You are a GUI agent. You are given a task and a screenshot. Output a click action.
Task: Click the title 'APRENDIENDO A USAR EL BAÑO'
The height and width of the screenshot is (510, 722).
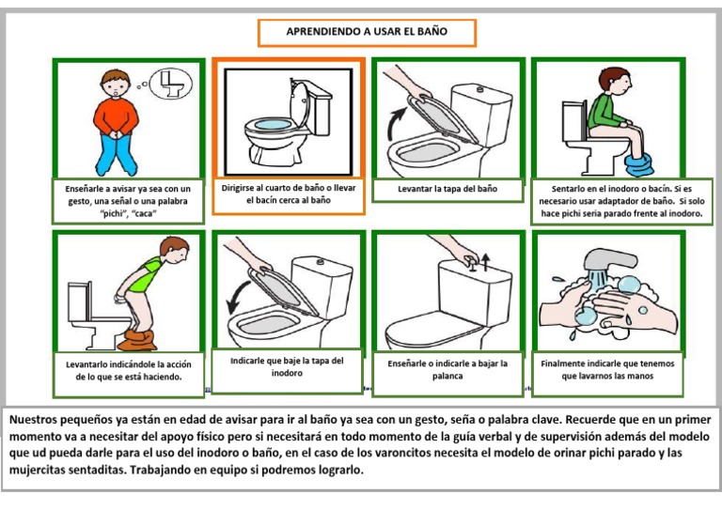(x=367, y=32)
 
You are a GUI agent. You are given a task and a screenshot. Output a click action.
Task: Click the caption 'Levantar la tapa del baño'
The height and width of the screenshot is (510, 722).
(x=447, y=189)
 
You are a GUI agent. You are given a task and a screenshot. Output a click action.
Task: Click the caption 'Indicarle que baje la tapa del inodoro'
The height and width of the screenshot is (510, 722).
(x=288, y=366)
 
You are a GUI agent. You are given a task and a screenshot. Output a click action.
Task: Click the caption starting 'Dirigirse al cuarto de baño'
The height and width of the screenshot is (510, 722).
(x=288, y=193)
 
